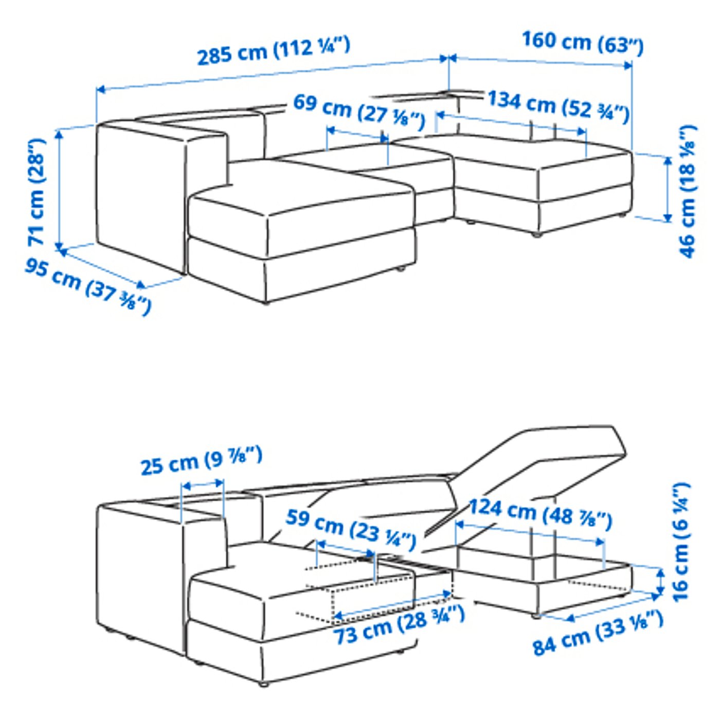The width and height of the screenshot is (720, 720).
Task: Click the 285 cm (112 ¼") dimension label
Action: [x=274, y=51]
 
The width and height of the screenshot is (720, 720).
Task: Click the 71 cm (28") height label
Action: [x=37, y=191]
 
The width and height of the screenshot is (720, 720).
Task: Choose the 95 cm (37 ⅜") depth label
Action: [x=88, y=286]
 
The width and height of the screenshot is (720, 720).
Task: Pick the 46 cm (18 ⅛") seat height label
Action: [x=687, y=191]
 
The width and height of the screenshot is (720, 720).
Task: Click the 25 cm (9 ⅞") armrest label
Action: [x=201, y=460]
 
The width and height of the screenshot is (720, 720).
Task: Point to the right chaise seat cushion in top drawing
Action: [x=540, y=154]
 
